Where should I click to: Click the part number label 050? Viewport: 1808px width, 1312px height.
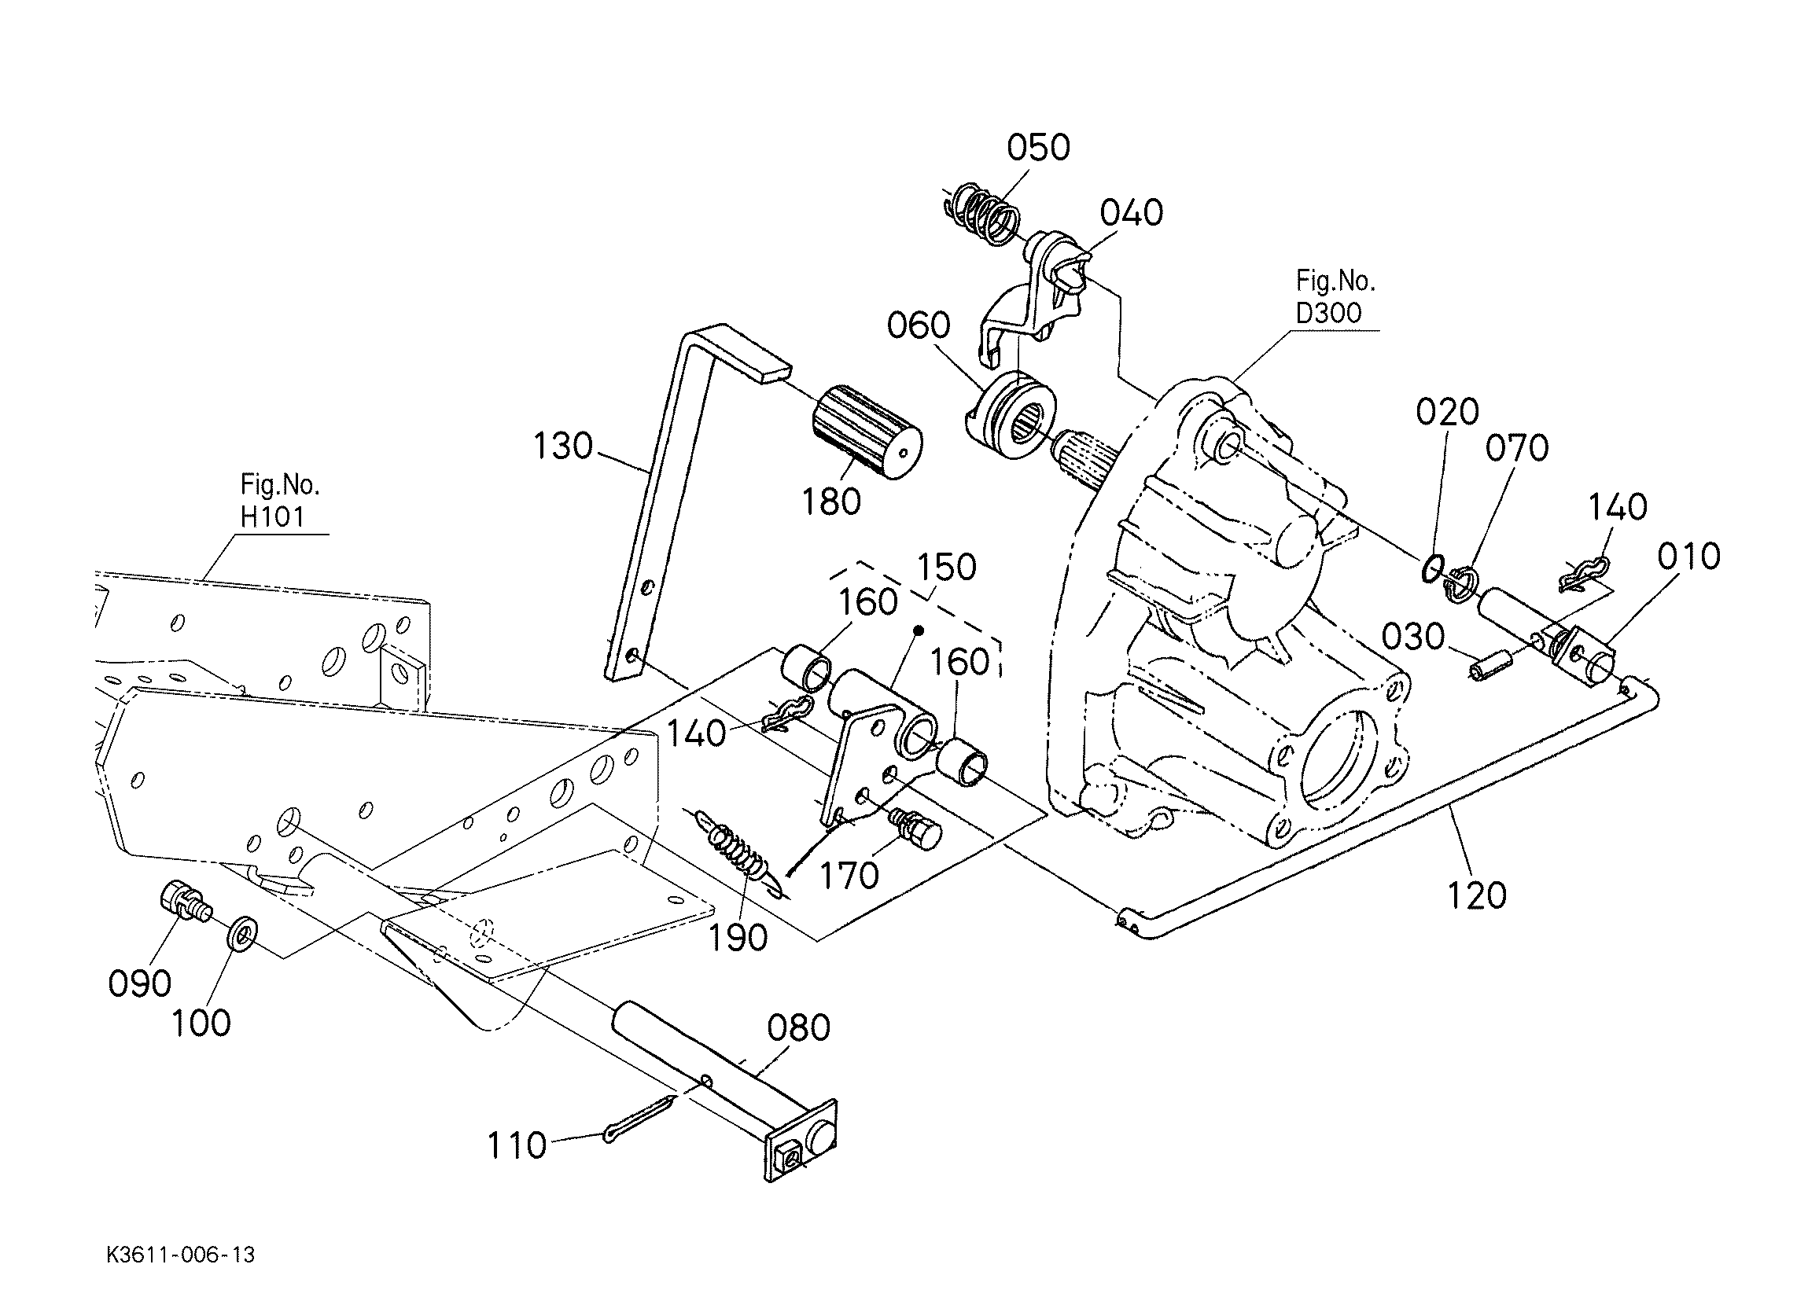coord(1038,149)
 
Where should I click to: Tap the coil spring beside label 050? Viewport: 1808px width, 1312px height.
coord(982,213)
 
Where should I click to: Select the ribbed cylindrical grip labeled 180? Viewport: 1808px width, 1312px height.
coord(867,433)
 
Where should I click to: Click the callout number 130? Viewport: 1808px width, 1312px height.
coord(563,447)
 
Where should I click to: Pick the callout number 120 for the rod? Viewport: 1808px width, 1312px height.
coord(1477,896)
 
